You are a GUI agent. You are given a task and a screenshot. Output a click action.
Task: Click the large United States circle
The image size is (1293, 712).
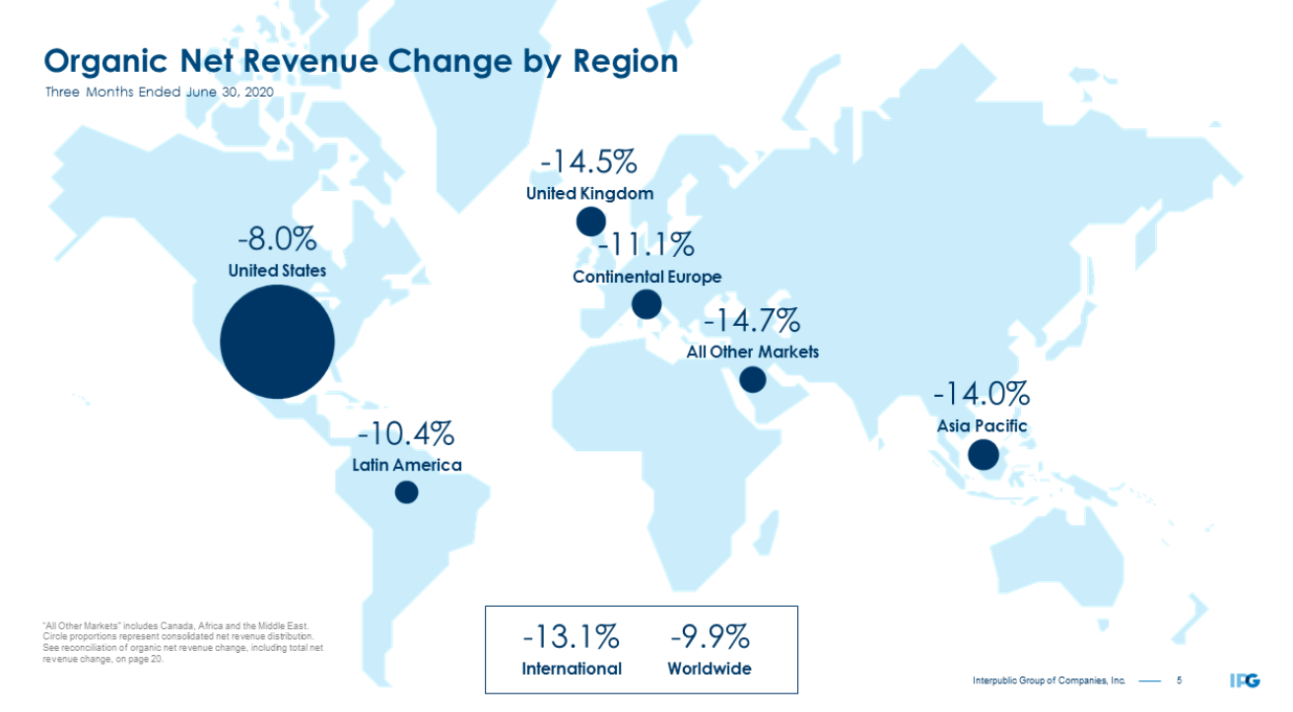tap(277, 342)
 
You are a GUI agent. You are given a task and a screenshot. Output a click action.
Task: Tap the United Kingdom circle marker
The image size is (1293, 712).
tap(591, 221)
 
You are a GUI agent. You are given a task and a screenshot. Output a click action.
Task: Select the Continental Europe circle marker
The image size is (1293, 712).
tap(646, 303)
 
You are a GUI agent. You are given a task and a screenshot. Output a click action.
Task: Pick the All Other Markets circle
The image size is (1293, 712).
tap(752, 379)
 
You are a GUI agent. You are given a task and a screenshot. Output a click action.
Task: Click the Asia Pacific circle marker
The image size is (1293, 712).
tap(983, 454)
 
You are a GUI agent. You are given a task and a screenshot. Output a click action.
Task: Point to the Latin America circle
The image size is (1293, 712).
tap(406, 491)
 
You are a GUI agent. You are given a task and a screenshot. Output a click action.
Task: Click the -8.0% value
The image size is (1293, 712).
tap(276, 240)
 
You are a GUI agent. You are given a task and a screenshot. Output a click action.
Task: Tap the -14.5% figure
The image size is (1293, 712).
tap(588, 161)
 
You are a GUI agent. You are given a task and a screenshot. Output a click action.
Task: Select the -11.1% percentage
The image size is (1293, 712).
tap(646, 244)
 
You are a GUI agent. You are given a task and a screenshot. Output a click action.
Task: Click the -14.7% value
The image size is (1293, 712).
tap(751, 321)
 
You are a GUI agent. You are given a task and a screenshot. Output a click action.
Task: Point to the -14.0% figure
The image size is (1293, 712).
tap(982, 395)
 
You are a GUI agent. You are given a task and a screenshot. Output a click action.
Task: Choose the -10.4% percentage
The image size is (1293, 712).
tap(406, 433)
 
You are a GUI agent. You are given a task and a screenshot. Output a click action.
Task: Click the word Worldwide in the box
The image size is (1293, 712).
tap(709, 669)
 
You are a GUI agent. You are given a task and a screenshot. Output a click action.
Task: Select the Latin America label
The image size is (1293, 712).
tap(406, 465)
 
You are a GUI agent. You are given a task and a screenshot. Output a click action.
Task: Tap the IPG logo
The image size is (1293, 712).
tap(1245, 680)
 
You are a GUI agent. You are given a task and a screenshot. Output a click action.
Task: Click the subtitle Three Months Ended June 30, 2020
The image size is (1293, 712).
tap(159, 92)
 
